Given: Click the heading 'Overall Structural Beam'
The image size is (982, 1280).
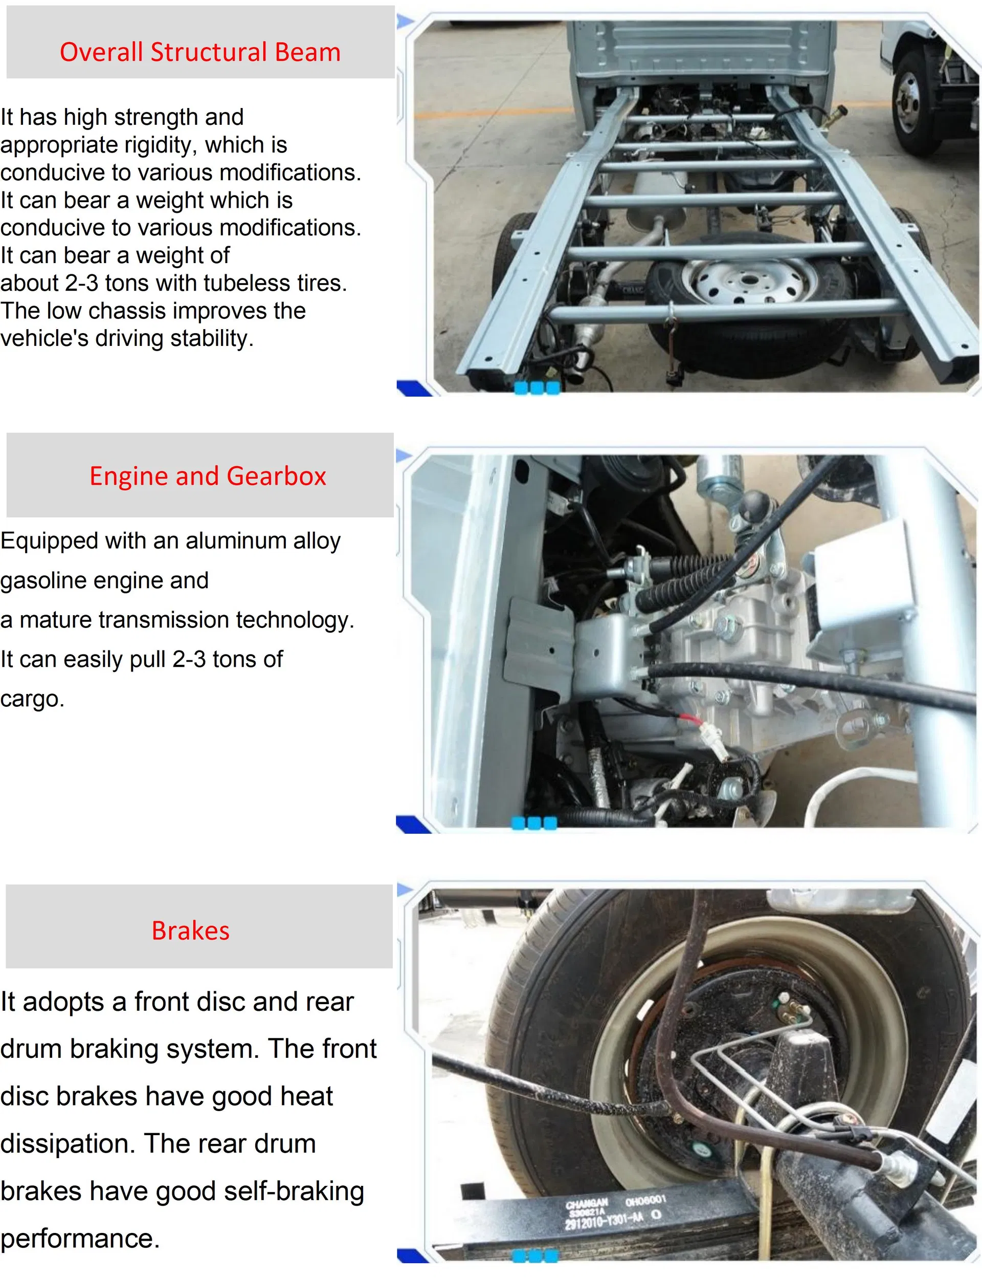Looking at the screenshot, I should tap(200, 52).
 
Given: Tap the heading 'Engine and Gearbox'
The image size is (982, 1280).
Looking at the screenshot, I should tap(208, 476).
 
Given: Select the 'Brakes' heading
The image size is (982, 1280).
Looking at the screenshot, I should tap(191, 931).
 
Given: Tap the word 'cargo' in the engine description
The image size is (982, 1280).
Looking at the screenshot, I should tap(30, 699).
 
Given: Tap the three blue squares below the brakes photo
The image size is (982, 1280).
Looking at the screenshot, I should tap(535, 1255).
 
